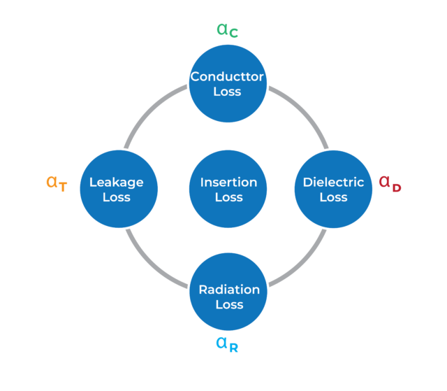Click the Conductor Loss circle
click(x=228, y=84)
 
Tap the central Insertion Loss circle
click(x=228, y=189)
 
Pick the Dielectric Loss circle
click(x=333, y=189)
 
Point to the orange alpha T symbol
click(x=57, y=183)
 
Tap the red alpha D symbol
click(x=390, y=183)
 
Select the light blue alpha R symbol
click(x=227, y=343)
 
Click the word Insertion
click(x=228, y=182)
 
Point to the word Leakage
click(x=117, y=182)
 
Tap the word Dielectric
click(x=333, y=182)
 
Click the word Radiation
click(x=228, y=289)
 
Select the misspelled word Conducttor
click(x=228, y=76)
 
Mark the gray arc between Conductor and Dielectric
click(x=302, y=112)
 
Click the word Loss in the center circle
click(x=228, y=197)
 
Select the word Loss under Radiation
click(x=228, y=304)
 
